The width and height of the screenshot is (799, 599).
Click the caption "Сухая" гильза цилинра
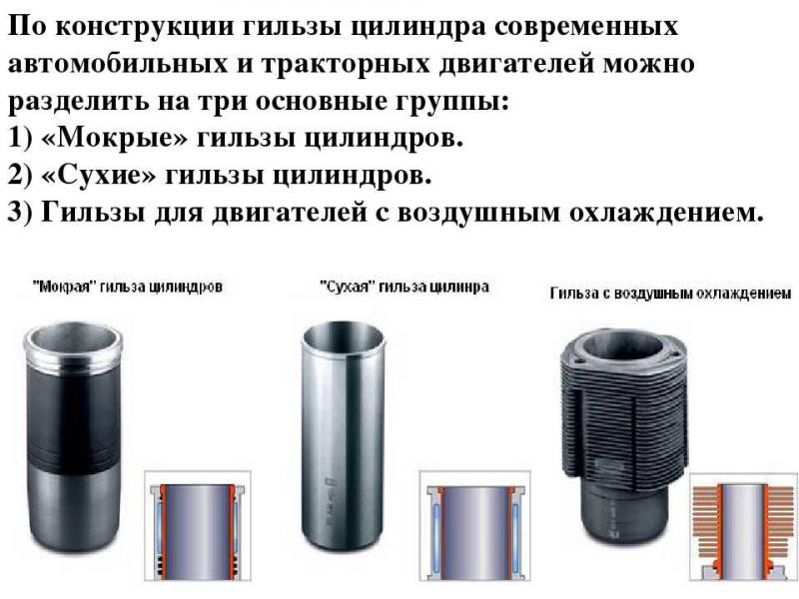point(404,287)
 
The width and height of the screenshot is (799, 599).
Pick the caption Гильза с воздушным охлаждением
point(671,294)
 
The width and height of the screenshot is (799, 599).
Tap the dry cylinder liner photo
point(345,439)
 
